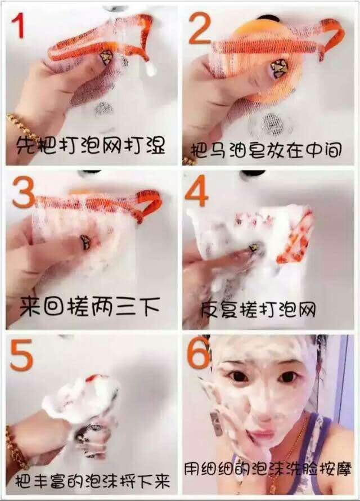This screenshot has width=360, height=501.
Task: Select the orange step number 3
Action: (24, 192)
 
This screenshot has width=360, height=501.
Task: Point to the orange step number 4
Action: (197, 190)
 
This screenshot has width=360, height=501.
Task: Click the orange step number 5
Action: (21, 355)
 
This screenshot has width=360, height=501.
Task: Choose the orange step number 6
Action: (199, 353)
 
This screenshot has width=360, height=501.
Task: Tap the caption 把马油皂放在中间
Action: (266, 150)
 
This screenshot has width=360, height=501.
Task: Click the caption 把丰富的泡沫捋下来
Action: (92, 481)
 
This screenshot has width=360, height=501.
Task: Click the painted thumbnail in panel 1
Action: (105, 57)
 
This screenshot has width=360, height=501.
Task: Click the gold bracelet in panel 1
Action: (22, 128)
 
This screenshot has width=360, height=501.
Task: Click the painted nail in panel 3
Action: (85, 242)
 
